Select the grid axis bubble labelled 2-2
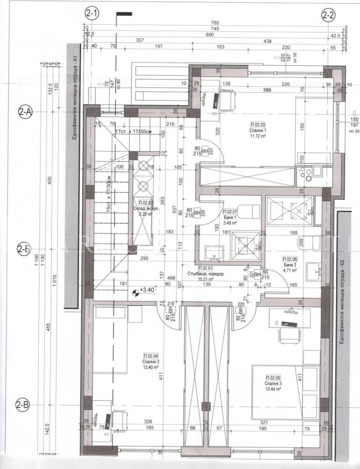pos(328,15)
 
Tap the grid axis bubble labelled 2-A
pos(24,112)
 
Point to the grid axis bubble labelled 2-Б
pos(24,249)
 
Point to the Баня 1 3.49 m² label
pos(231,215)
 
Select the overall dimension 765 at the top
pos(215,23)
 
